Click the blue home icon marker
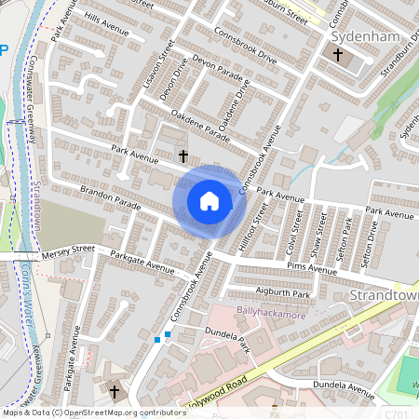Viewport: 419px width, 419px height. [x=209, y=201]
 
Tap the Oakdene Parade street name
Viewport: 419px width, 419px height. [x=199, y=127]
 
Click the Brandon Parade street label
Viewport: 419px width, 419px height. [x=109, y=199]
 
